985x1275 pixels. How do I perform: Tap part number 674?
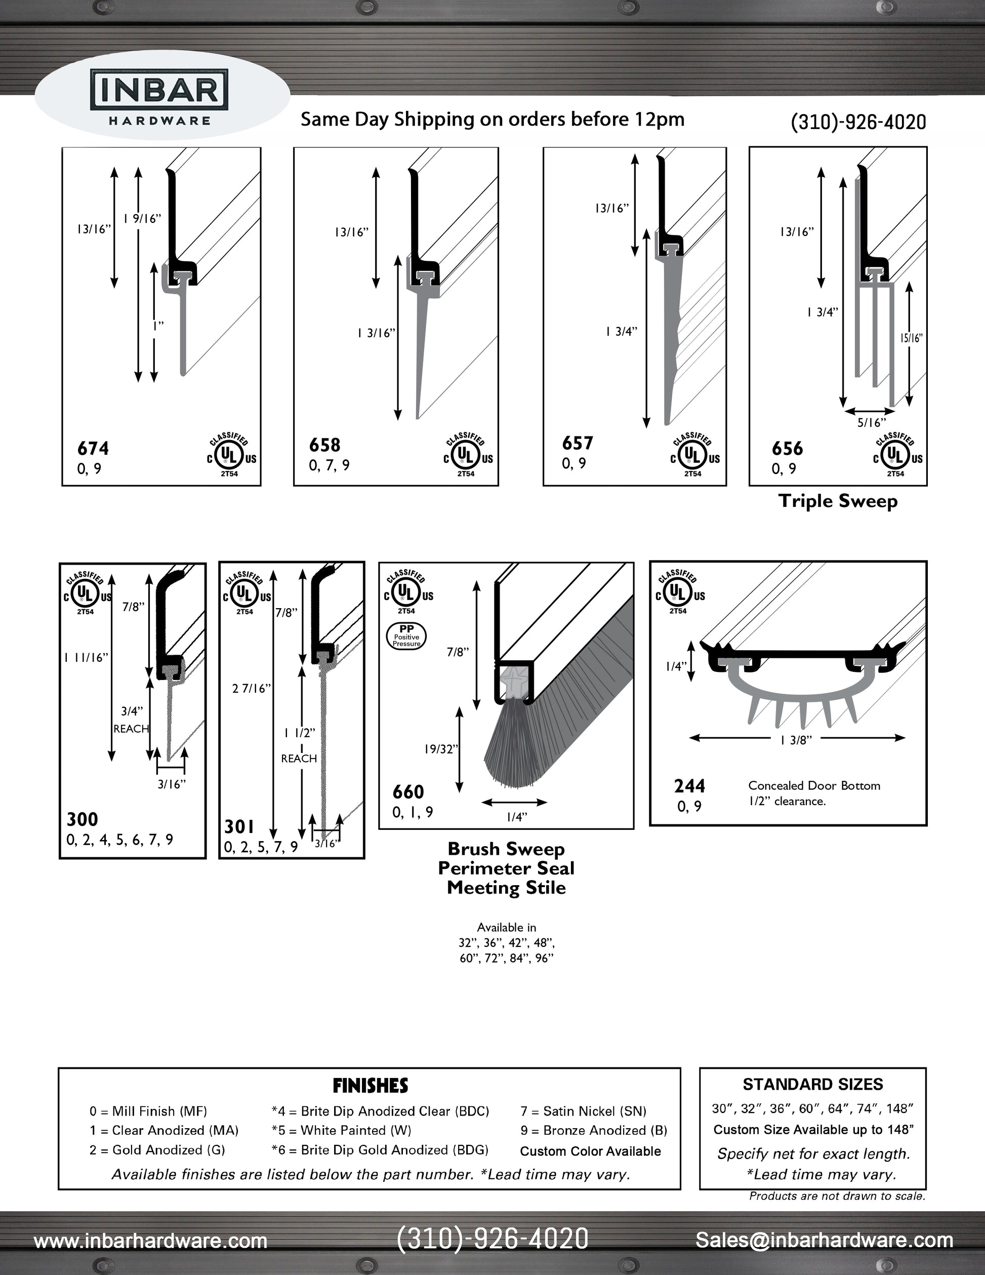point(93,448)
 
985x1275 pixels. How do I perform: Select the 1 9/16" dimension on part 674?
point(142,219)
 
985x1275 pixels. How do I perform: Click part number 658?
point(324,445)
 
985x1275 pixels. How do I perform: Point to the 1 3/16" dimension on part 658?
point(377,333)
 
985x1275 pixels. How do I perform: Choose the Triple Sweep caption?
point(837,501)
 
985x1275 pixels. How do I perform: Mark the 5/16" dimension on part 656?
point(871,423)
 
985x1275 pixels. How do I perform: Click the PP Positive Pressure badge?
point(407,636)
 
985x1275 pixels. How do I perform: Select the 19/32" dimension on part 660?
point(440,749)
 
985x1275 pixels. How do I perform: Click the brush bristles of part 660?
point(514,753)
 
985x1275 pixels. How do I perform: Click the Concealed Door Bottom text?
point(814,786)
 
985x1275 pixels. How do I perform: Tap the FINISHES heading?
point(370,1086)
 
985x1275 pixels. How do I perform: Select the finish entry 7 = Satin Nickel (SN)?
point(583,1111)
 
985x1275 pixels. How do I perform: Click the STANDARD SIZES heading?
point(812,1085)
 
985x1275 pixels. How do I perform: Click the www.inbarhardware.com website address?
point(150,1241)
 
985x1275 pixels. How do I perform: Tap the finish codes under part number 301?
point(261,847)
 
